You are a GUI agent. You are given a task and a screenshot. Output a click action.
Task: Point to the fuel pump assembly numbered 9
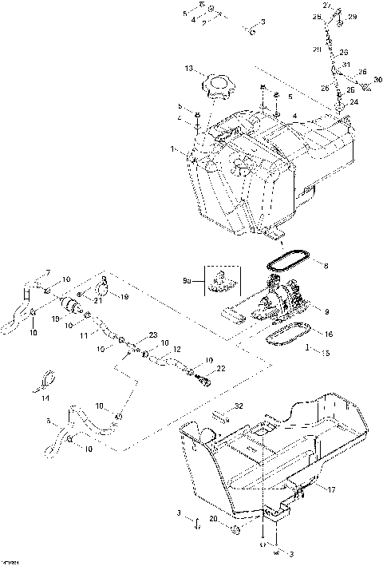point(279,301)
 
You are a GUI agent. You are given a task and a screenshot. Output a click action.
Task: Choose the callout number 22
point(221,367)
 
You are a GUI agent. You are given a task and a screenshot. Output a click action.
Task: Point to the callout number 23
point(152,336)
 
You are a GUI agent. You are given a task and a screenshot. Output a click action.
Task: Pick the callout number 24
point(354,102)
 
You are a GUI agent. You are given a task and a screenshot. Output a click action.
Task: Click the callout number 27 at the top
point(327,6)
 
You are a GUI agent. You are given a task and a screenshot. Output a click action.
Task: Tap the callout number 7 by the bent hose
point(47,273)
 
